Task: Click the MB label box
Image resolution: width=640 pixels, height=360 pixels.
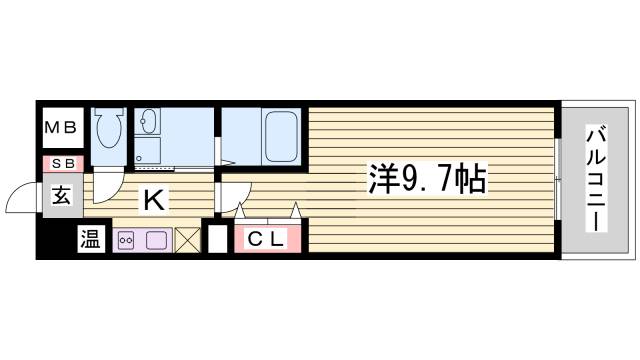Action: pyautogui.click(x=62, y=128)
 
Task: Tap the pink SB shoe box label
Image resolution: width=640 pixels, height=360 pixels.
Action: pyautogui.click(x=62, y=163)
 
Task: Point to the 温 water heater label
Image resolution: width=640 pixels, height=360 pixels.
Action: pyautogui.click(x=90, y=240)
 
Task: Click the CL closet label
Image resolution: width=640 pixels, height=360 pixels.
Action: pyautogui.click(x=267, y=239)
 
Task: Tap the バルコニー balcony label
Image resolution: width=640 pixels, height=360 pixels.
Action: pyautogui.click(x=596, y=178)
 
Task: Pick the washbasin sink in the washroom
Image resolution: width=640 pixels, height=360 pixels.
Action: pyautogui.click(x=150, y=123)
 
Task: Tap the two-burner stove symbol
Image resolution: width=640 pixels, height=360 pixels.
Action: pyautogui.click(x=128, y=240)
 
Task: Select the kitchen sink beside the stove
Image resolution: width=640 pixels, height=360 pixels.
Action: pyautogui.click(x=157, y=240)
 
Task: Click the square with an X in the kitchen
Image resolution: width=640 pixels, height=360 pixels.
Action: pyautogui.click(x=188, y=240)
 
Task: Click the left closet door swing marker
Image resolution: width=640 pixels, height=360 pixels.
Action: pyautogui.click(x=240, y=211)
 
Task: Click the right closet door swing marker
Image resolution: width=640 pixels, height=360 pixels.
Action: pyautogui.click(x=296, y=211)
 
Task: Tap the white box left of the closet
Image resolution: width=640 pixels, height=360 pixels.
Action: pyautogui.click(x=216, y=241)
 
